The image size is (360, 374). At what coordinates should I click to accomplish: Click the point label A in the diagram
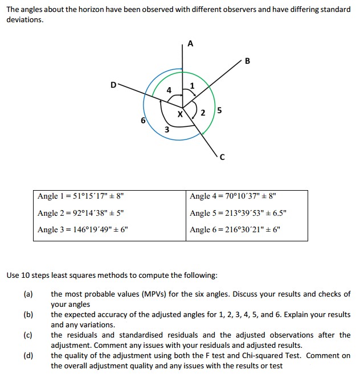[190, 43]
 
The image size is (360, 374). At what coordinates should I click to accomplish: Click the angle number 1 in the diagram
[192, 86]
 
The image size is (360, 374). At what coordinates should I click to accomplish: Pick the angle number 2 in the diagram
[203, 113]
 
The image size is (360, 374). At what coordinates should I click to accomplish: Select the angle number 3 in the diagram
[166, 130]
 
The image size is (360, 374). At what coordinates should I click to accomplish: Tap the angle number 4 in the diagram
[169, 90]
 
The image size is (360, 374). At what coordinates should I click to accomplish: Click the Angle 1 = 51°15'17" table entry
[80, 196]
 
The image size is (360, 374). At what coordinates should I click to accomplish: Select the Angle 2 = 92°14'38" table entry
[80, 213]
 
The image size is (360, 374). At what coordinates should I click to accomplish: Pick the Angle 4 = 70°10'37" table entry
[233, 196]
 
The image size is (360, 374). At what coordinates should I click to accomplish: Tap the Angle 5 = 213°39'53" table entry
[239, 213]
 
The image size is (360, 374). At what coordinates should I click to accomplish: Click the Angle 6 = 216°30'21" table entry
[235, 230]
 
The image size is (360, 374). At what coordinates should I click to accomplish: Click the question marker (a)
[28, 294]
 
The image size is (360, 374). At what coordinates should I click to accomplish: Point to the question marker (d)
[28, 356]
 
